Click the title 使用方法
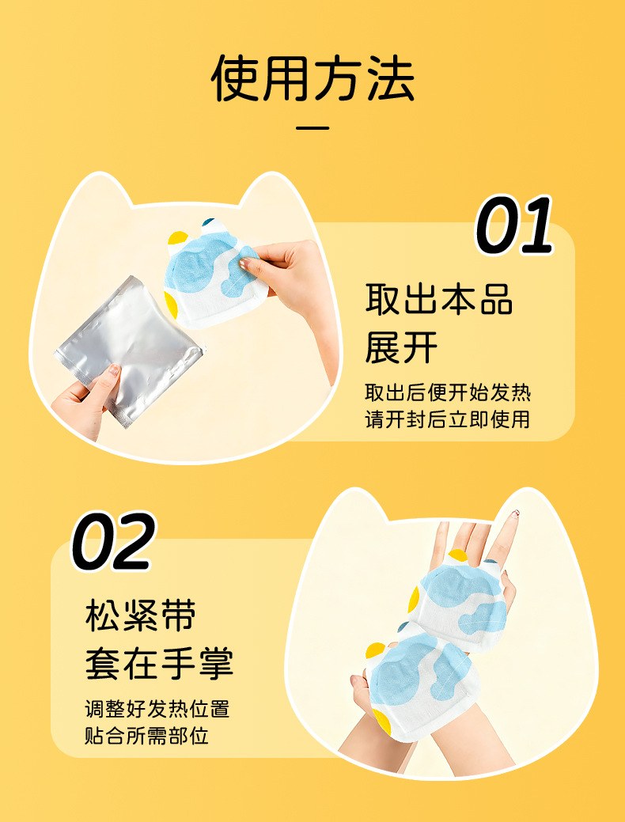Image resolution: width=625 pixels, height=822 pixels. [312, 78]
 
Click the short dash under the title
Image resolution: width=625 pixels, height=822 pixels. [312, 127]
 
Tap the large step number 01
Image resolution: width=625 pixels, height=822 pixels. [514, 226]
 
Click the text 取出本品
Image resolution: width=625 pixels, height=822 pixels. [439, 301]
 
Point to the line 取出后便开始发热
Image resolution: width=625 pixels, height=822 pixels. [447, 392]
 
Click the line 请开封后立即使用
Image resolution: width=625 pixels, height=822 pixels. [447, 419]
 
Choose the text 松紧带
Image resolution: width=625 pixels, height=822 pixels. [141, 617]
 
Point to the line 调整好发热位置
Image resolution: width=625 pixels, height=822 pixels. [157, 708]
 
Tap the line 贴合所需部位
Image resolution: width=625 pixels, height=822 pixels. [146, 735]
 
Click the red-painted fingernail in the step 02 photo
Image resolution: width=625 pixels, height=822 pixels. [515, 514]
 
